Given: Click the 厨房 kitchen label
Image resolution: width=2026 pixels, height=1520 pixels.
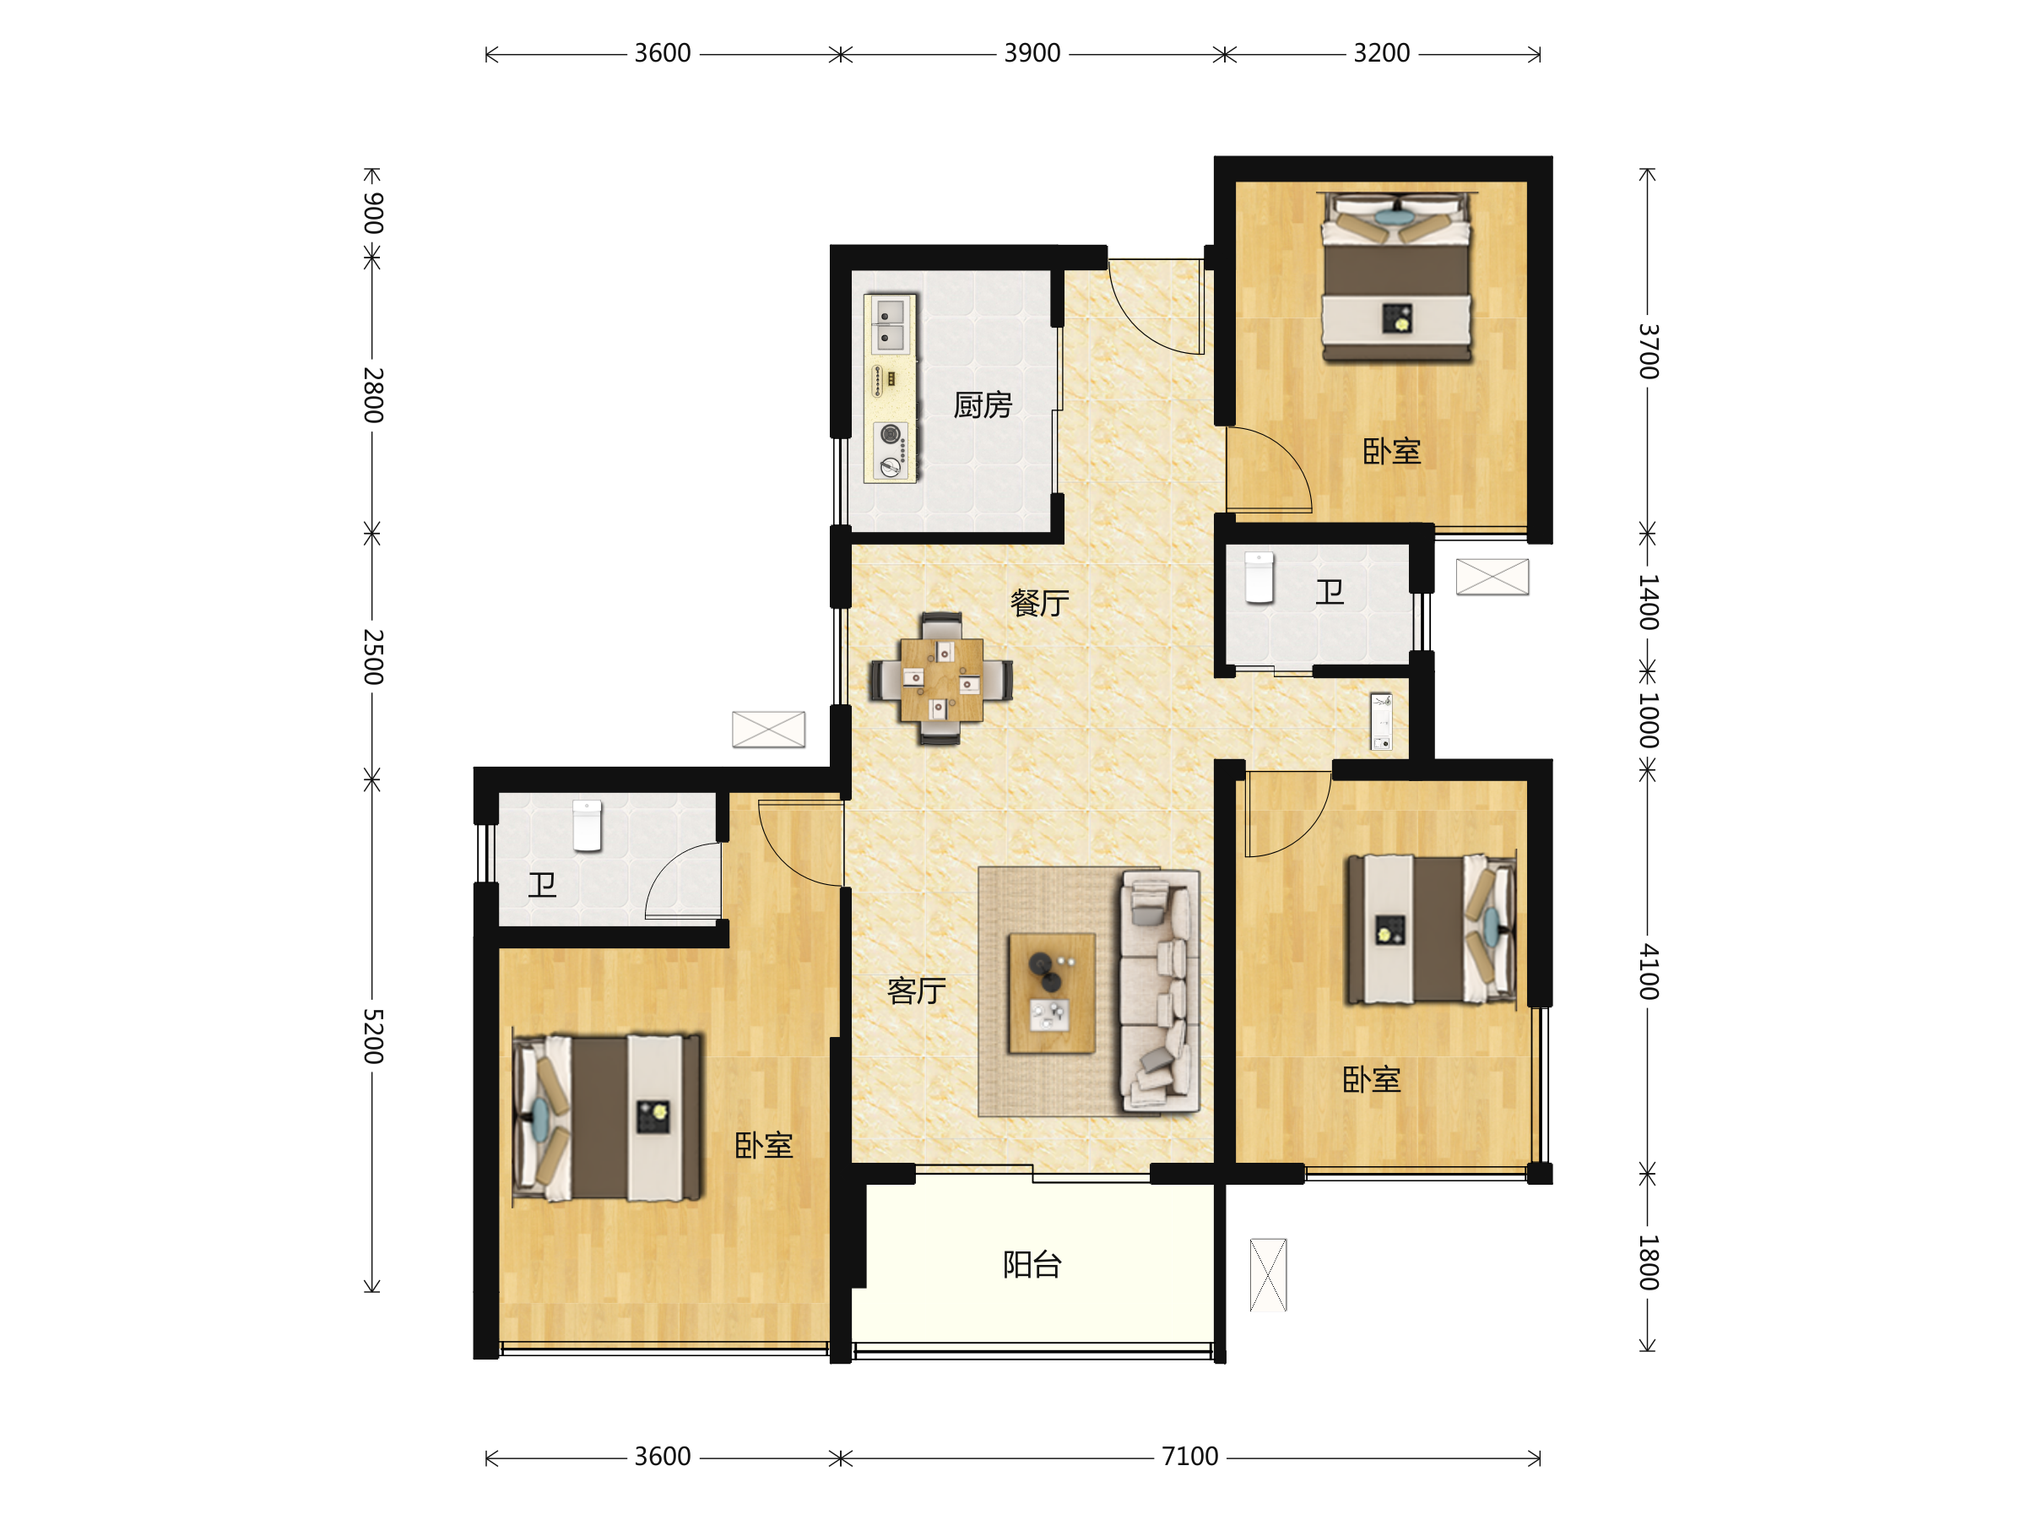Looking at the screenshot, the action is [x=983, y=405].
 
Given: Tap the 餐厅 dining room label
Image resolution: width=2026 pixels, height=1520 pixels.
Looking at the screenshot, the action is [x=1039, y=603].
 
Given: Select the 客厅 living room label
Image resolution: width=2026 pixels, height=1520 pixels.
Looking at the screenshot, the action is [x=916, y=991].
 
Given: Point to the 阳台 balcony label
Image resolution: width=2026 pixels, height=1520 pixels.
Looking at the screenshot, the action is [x=1032, y=1264].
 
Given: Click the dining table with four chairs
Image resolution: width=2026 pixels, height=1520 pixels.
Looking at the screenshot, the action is [x=941, y=679].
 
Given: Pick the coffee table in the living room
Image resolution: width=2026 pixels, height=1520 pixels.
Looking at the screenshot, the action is [x=1052, y=993].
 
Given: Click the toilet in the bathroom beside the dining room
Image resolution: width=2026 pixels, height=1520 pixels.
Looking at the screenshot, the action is [x=1259, y=578].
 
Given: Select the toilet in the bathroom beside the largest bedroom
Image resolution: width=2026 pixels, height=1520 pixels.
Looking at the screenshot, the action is [x=587, y=826].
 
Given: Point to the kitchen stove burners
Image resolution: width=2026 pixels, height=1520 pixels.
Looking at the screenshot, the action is [x=891, y=450].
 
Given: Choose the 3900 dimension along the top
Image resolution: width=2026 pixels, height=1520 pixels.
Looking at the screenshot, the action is [x=1032, y=53].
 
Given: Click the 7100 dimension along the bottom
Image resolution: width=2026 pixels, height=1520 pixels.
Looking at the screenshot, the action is [x=1189, y=1456].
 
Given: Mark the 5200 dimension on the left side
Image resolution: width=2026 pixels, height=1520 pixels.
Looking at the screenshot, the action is [x=373, y=1036].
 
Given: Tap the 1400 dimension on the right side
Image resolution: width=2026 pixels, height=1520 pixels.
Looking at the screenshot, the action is [x=1649, y=602].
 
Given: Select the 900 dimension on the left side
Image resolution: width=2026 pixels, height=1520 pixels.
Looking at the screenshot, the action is [x=373, y=213].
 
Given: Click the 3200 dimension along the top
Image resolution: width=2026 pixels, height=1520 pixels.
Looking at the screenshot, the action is [x=1382, y=53].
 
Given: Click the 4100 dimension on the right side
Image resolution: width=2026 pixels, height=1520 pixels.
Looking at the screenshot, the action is [x=1649, y=971].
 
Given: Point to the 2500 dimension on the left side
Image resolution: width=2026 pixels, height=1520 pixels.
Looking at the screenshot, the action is [x=373, y=657].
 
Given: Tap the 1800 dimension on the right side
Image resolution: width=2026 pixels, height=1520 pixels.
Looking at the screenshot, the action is [x=1649, y=1262].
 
